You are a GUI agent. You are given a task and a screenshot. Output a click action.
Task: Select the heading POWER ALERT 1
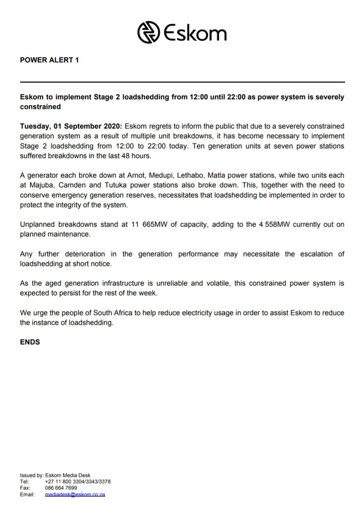coord(49,60)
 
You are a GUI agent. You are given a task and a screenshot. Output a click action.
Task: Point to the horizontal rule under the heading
coord(182,82)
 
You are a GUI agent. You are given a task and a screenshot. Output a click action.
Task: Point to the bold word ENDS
coord(30,342)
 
